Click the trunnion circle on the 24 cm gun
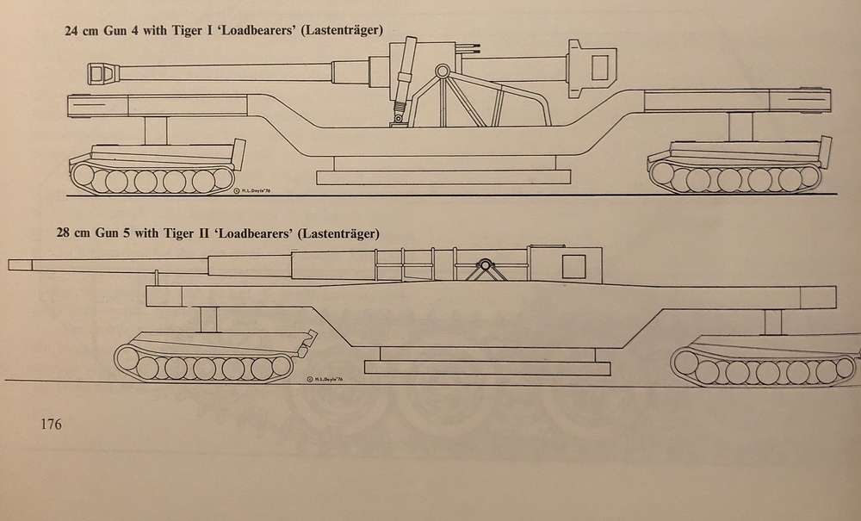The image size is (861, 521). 442,70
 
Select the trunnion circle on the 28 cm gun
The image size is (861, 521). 486,265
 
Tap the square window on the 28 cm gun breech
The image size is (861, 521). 574,266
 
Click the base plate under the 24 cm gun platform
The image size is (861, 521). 443,177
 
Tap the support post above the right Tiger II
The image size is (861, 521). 772,321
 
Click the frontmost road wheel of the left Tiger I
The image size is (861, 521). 85,177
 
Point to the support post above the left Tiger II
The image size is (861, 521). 207,319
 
